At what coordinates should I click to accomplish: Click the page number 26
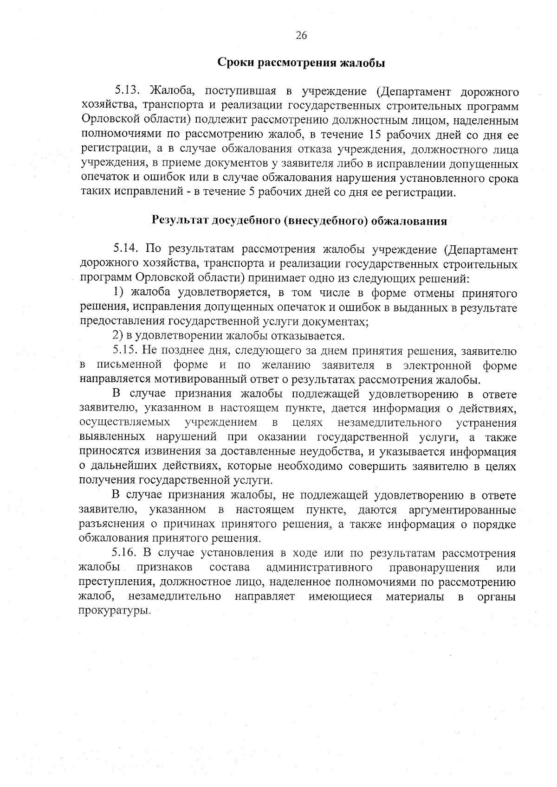301,36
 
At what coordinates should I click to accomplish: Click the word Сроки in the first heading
235,63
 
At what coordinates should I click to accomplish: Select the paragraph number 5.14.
126,250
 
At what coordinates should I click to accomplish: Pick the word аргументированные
462,510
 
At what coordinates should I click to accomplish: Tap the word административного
320,568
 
